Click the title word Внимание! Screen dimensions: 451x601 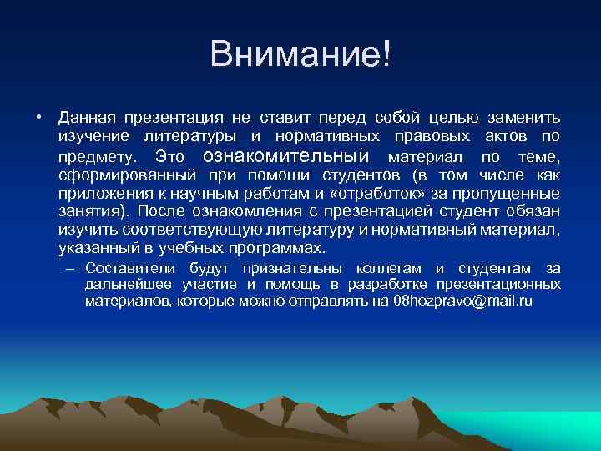[300, 55]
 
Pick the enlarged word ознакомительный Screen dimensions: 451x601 [286, 156]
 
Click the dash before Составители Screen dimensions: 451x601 [70, 269]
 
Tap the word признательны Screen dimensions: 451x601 [288, 269]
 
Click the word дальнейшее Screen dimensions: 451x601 [125, 285]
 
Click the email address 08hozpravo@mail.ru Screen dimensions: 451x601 [462, 301]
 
